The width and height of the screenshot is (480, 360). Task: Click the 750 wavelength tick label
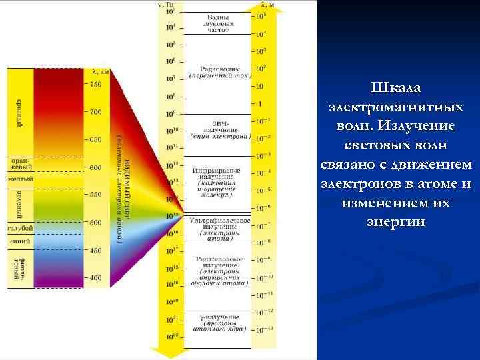(x=95, y=84)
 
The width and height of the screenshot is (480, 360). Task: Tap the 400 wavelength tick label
(x=95, y=277)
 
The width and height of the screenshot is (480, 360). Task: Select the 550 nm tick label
(x=95, y=194)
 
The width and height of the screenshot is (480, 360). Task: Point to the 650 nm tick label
(x=95, y=139)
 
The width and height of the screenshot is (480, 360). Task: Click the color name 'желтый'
(x=20, y=179)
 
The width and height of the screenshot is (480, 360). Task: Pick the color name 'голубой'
(x=20, y=228)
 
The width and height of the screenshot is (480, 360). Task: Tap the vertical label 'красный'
(x=20, y=114)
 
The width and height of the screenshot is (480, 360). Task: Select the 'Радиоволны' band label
(x=219, y=69)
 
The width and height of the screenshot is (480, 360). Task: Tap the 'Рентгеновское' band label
(x=219, y=259)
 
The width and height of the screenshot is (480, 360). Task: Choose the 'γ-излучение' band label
(x=219, y=316)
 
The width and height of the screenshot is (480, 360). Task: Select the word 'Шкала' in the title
(x=398, y=89)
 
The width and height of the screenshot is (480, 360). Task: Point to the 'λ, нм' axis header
(x=101, y=71)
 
